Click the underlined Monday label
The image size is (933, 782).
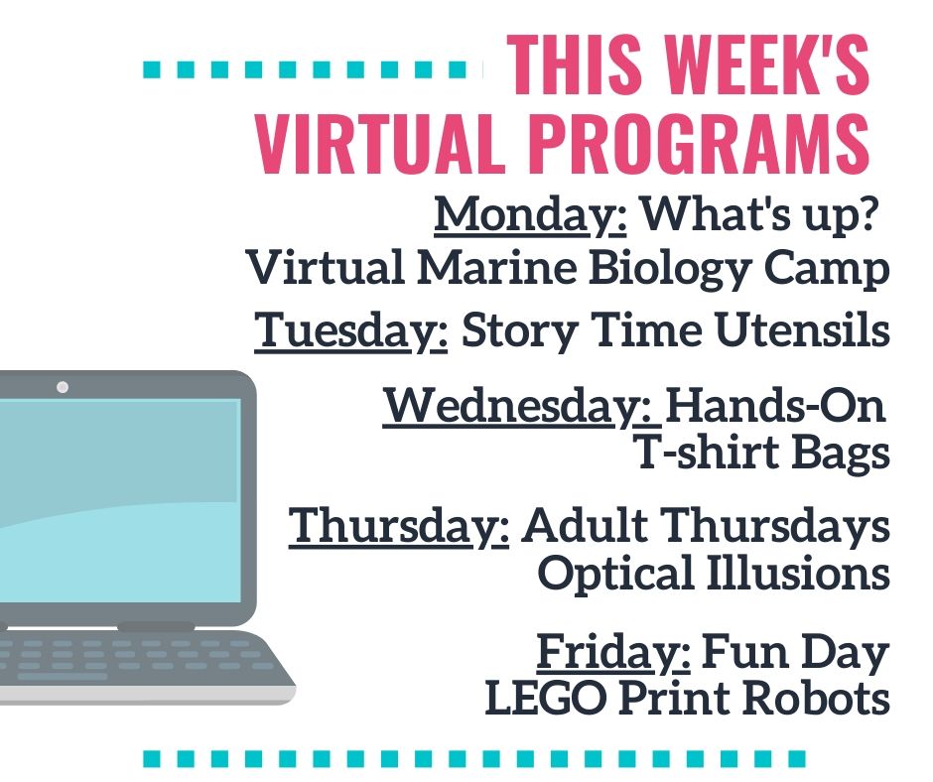530,215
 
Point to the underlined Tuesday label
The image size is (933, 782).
351,330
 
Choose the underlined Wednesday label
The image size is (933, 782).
522,407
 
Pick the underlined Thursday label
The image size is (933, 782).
399,527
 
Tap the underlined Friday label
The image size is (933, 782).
613,653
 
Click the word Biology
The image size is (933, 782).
671,270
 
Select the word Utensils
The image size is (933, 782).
803,329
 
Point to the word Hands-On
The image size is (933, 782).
775,405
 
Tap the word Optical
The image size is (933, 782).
615,575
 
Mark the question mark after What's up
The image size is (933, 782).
869,212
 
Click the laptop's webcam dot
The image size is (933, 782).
63,387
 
